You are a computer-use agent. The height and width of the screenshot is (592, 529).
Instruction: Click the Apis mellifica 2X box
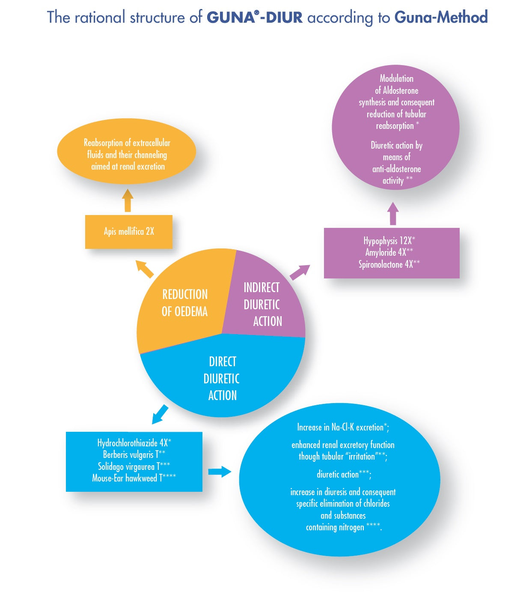[x=128, y=232]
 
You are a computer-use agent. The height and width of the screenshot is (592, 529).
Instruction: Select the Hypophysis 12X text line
[x=389, y=241]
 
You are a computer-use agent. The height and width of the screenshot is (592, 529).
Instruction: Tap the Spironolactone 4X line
[x=389, y=264]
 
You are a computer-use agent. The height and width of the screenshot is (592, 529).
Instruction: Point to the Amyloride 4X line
[x=389, y=252]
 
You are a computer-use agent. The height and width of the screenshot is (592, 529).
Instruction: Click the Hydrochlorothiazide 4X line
[x=134, y=443]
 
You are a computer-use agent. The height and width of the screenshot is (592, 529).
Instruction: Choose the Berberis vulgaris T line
[x=134, y=454]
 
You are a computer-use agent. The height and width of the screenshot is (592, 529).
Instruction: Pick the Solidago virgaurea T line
[x=134, y=466]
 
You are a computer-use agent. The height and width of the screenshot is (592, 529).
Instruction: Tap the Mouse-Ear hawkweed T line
[x=134, y=478]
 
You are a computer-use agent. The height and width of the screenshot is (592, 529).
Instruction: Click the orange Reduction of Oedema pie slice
[x=184, y=302]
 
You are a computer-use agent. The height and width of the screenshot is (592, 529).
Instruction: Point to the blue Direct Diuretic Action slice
[x=222, y=379]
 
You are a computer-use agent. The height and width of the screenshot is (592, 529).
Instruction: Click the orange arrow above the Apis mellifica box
[x=128, y=200]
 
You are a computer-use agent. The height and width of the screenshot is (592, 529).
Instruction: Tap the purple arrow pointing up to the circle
[x=393, y=213]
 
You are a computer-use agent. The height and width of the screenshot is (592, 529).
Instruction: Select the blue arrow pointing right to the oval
[x=220, y=472]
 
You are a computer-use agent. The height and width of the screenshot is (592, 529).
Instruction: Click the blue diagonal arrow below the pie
[x=160, y=414]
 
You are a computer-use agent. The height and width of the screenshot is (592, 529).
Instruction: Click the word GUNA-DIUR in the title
[x=255, y=18]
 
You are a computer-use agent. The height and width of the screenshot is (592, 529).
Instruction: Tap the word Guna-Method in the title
[x=441, y=18]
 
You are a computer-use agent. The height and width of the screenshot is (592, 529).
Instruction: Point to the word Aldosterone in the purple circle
[x=401, y=90]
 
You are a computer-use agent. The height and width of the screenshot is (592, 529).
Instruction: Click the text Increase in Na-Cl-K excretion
[x=343, y=427]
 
